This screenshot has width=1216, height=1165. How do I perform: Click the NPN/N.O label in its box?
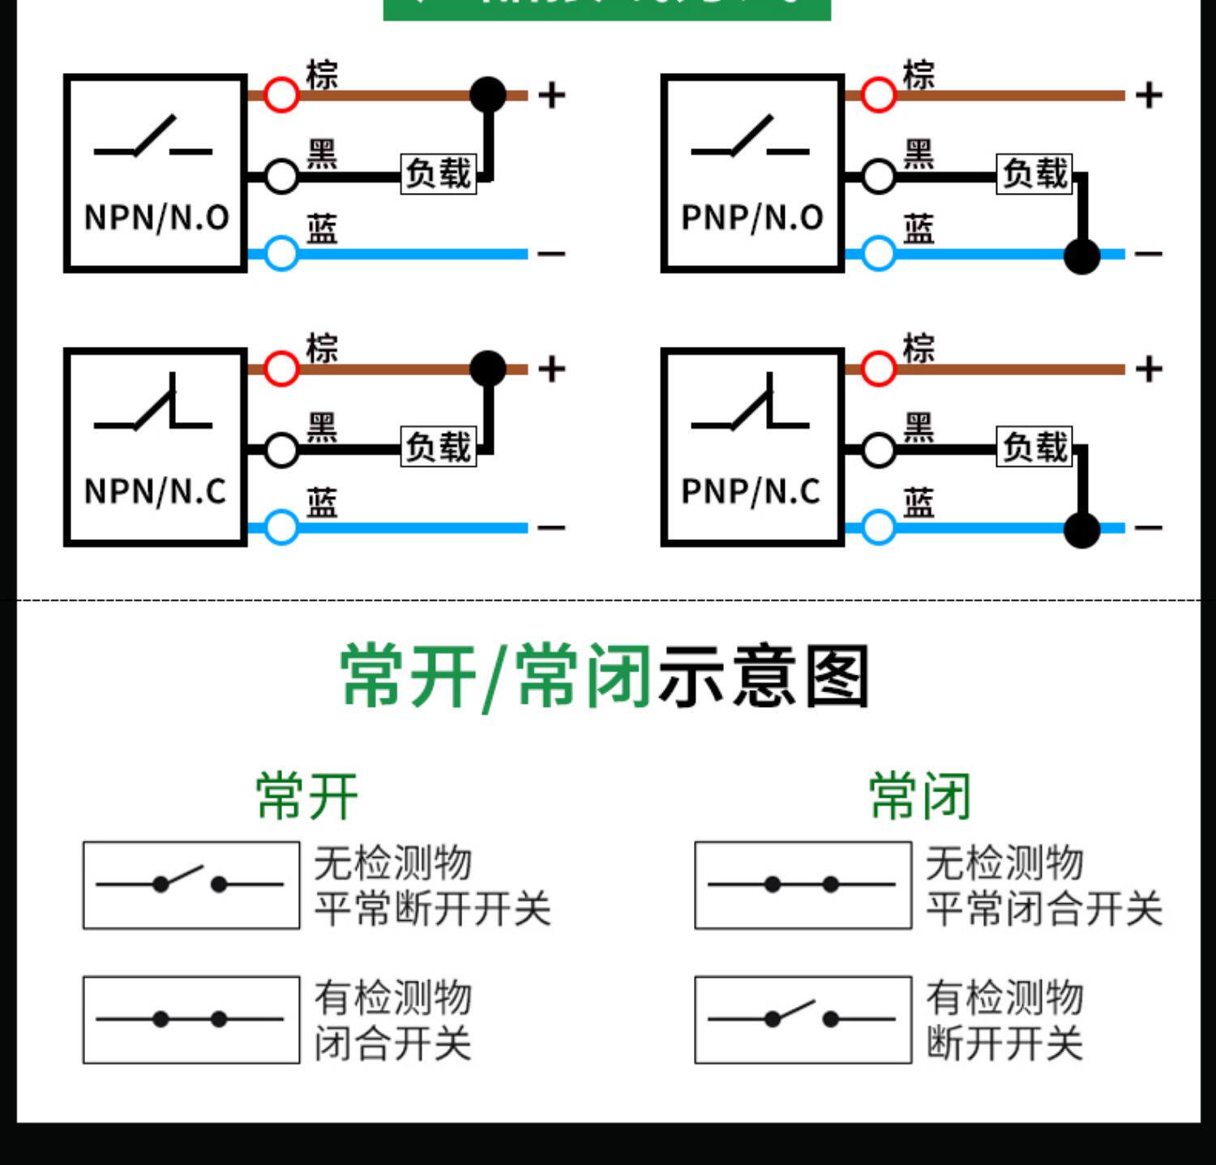[156, 217]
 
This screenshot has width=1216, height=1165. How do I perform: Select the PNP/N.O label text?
[752, 217]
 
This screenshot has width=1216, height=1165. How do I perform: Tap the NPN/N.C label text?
[156, 491]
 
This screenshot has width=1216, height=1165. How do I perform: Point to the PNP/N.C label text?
[751, 491]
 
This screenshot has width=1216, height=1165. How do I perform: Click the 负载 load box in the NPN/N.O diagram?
[439, 173]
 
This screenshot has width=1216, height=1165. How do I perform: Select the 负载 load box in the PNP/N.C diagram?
[1035, 447]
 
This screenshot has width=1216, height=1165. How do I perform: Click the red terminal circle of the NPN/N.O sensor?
[281, 95]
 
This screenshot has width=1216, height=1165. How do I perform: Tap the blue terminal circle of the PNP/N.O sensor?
[878, 254]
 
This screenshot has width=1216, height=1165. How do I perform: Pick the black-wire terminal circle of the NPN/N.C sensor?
[281, 450]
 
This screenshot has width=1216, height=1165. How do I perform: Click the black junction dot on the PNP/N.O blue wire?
[1081, 256]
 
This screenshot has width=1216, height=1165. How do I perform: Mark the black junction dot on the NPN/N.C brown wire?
[488, 368]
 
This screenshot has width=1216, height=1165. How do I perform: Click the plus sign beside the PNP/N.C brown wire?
[1149, 370]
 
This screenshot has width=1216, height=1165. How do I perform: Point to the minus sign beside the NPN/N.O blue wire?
[551, 254]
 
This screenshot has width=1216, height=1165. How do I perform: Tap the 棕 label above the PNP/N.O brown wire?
[918, 75]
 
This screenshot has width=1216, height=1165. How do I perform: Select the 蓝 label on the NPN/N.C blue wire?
[322, 503]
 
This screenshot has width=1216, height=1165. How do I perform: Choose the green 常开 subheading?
[306, 796]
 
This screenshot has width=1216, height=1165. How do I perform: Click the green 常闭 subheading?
[919, 796]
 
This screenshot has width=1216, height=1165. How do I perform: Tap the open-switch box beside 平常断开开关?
[191, 884]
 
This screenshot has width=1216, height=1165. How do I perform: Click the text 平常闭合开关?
[1044, 908]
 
